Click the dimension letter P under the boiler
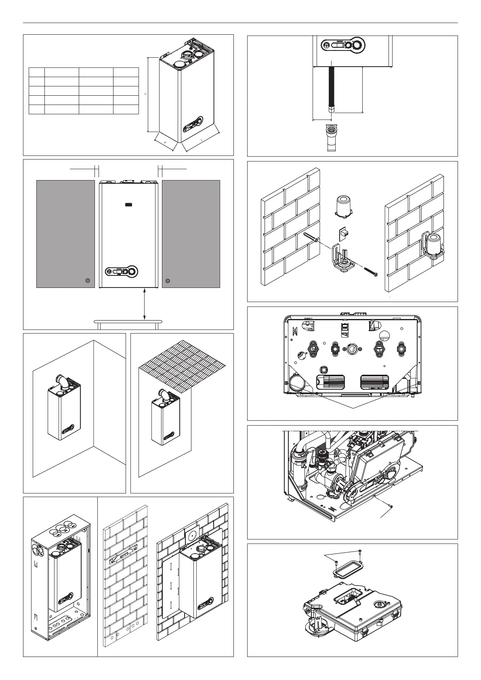click(165, 143)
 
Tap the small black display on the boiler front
click(129, 205)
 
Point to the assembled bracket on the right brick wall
click(432, 244)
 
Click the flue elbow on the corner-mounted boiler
click(62, 381)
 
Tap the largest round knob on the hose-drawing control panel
click(357, 45)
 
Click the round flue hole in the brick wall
click(192, 535)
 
